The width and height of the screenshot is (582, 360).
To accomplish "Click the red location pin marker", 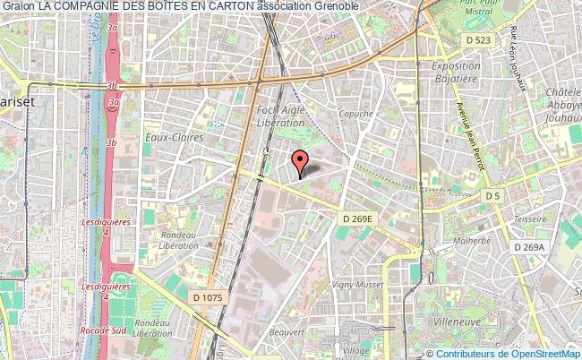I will point(302,162).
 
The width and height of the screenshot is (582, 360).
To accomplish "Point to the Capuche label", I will point(355,114).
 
